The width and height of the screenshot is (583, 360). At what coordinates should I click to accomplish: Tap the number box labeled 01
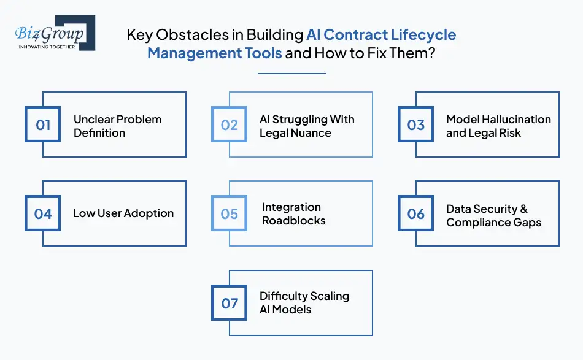click(x=43, y=125)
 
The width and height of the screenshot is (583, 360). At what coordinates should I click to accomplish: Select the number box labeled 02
click(x=230, y=125)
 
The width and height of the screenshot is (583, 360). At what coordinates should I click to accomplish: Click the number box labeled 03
click(x=416, y=125)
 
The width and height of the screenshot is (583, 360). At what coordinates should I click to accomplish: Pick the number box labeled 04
click(x=43, y=213)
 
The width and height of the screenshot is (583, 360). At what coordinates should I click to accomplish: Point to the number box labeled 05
click(x=230, y=213)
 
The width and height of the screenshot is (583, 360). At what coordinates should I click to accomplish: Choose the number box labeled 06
click(x=416, y=213)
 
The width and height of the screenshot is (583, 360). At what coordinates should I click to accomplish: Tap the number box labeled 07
click(x=230, y=303)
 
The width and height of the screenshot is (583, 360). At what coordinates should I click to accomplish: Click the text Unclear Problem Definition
click(x=117, y=126)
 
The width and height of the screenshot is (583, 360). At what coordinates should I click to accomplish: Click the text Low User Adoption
click(x=123, y=213)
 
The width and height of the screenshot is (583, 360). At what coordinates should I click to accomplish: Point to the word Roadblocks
click(x=293, y=221)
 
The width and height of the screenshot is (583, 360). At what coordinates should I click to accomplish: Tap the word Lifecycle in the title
click(x=422, y=34)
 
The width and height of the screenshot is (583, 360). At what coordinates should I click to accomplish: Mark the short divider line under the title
click(x=291, y=74)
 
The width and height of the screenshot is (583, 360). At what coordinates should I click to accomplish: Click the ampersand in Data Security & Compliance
click(x=523, y=209)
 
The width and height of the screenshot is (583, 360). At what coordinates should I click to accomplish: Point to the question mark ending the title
click(x=432, y=53)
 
